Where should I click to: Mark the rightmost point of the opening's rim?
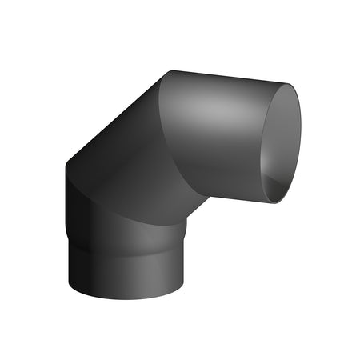(302, 136)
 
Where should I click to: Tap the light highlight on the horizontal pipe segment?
(216, 108)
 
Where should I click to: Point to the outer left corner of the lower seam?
(65, 166)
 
